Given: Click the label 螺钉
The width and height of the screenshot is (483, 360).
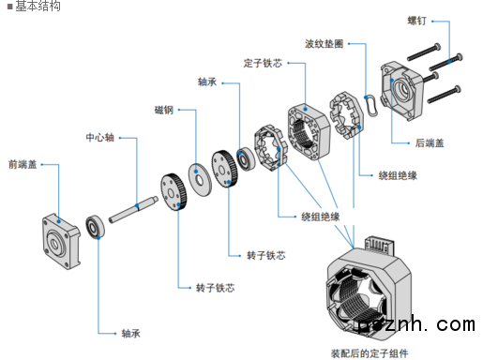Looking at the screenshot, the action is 416,21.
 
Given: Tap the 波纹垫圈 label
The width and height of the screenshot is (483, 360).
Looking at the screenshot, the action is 325,44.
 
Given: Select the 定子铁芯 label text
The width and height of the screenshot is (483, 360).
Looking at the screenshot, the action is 263,63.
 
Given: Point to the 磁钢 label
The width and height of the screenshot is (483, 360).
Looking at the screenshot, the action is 164,110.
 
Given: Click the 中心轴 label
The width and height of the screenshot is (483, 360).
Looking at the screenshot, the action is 100,138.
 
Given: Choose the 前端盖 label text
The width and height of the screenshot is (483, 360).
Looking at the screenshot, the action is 23,164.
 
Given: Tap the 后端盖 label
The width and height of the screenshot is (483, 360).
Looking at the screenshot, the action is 430,143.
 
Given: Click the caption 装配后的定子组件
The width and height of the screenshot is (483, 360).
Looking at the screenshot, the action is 370,353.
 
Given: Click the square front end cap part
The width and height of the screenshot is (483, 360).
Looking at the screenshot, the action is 61,242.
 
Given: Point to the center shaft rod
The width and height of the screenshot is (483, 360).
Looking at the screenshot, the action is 133,209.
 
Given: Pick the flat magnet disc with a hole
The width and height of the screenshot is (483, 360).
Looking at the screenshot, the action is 200,180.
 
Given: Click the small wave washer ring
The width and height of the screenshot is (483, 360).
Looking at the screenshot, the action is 371,106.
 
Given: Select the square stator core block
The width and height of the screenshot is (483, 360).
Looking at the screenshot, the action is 309,132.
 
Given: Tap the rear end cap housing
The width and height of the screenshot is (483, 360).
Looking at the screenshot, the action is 401,91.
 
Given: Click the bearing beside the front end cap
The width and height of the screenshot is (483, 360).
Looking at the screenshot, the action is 95,227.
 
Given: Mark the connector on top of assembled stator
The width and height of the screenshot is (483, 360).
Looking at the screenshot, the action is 379,244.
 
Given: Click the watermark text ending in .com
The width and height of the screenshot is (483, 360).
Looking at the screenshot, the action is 415,325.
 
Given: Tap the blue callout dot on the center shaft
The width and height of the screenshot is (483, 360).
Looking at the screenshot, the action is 137,205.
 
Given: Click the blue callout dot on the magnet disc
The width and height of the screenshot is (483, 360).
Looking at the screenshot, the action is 196,172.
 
